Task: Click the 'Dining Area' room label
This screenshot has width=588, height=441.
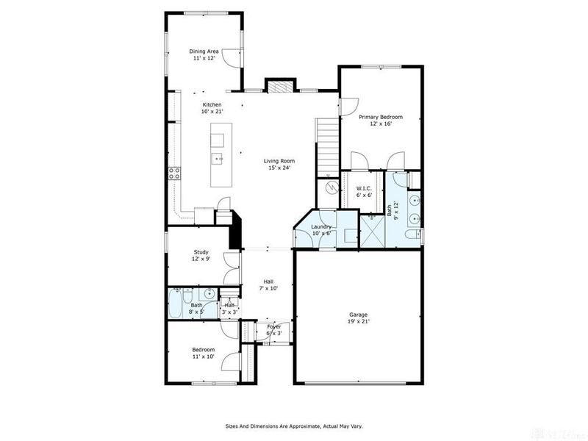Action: pyautogui.click(x=204, y=51)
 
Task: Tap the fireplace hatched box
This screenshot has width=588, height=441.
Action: pyautogui.click(x=278, y=86)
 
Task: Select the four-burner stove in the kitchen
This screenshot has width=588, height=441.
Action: pyautogui.click(x=175, y=173)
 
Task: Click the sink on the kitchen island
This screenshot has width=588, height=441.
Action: pyautogui.click(x=219, y=158)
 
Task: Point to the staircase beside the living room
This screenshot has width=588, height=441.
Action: pyautogui.click(x=326, y=143)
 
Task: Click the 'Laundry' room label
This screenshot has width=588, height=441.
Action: pyautogui.click(x=322, y=227)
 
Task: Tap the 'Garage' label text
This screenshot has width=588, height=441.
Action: pyautogui.click(x=358, y=315)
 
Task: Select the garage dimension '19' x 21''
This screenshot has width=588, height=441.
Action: pyautogui.click(x=358, y=322)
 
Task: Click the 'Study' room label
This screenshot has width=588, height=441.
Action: pyautogui.click(x=201, y=252)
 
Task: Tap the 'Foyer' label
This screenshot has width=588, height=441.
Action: pyautogui.click(x=273, y=326)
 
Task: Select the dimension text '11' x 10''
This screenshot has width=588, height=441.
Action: pyautogui.click(x=203, y=356)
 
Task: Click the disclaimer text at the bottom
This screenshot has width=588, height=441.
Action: pyautogui.click(x=293, y=426)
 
